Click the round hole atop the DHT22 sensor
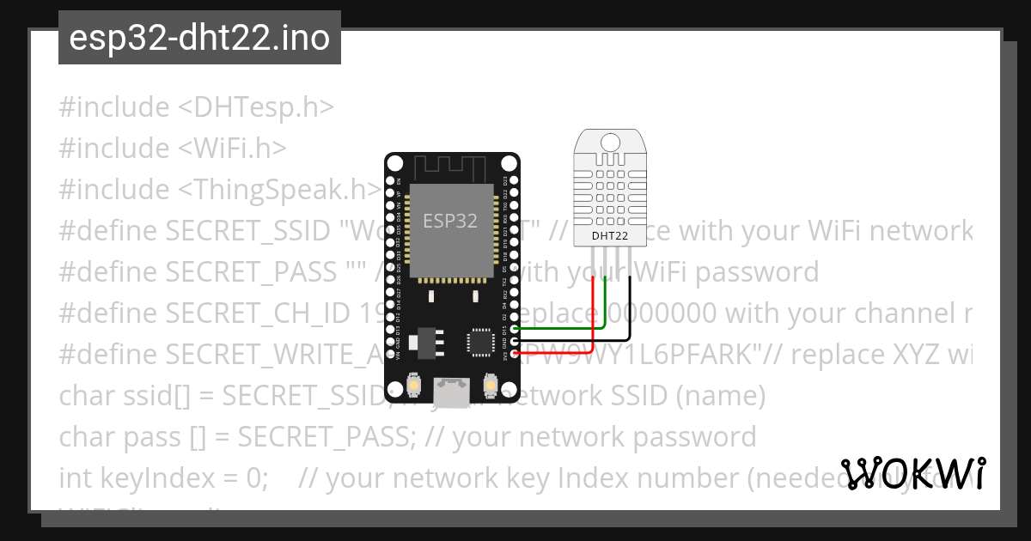coord(612,141)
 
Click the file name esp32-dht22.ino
coord(199,38)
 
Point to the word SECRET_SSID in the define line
coord(247,230)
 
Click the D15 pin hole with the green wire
coord(515,329)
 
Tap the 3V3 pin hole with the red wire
coord(515,351)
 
